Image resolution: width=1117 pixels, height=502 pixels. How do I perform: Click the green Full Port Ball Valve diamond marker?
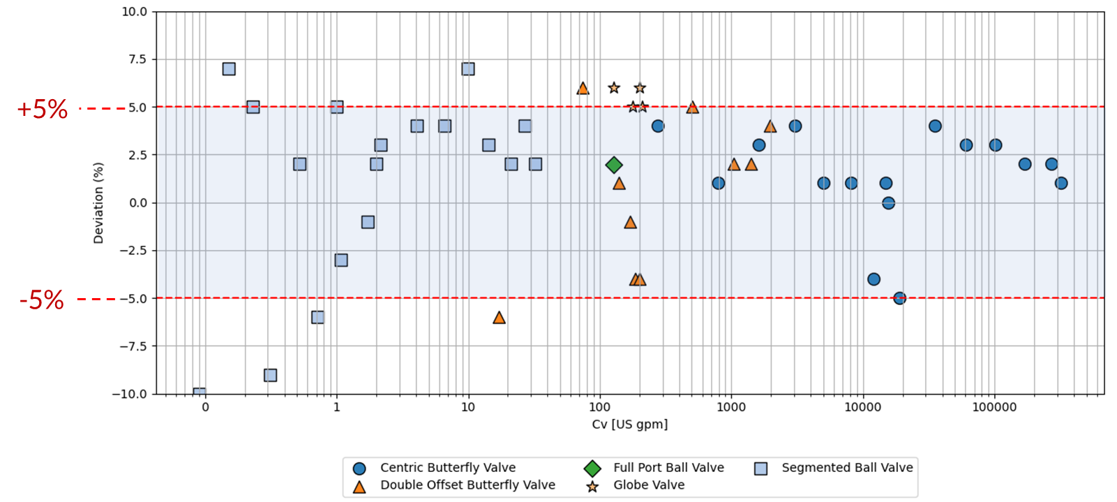coord(614,165)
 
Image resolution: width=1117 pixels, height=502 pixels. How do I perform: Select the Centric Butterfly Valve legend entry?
coord(447,468)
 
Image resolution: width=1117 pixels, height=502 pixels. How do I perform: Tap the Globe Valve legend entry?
coord(648,485)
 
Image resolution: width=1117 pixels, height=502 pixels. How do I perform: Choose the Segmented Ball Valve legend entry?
coord(846,468)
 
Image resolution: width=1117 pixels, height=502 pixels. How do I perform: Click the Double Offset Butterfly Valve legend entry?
coord(467,485)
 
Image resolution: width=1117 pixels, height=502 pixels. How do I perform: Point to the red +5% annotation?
coord(42,110)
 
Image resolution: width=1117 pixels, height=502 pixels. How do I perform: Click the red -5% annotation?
coord(42,300)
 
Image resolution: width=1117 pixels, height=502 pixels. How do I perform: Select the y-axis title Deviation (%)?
coord(98,203)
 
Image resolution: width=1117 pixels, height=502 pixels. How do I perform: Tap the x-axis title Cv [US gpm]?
coord(629,425)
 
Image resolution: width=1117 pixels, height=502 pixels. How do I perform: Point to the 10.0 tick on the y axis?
coord(134,12)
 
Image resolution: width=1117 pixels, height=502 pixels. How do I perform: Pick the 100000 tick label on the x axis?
coord(994,407)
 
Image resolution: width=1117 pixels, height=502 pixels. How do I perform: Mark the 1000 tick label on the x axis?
coord(730,407)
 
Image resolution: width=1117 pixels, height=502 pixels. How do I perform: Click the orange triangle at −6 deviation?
coord(499,318)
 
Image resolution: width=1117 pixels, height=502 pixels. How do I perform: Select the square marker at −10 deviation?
coord(200,392)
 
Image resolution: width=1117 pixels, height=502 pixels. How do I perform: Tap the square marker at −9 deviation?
coord(270,375)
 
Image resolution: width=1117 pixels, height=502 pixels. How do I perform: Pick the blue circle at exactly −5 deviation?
coord(899,298)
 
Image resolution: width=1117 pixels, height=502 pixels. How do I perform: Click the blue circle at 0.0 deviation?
coord(888,203)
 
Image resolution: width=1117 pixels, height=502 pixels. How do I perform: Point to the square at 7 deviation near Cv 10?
coord(468,69)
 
